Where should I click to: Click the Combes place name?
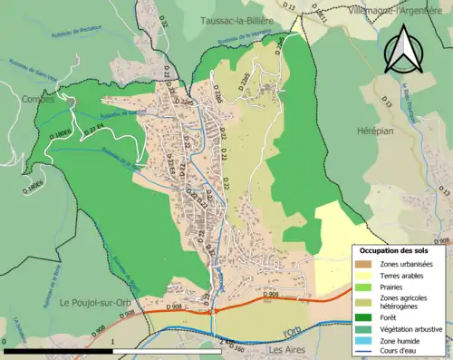coord(37,100)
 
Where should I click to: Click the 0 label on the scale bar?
coord(5,341)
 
